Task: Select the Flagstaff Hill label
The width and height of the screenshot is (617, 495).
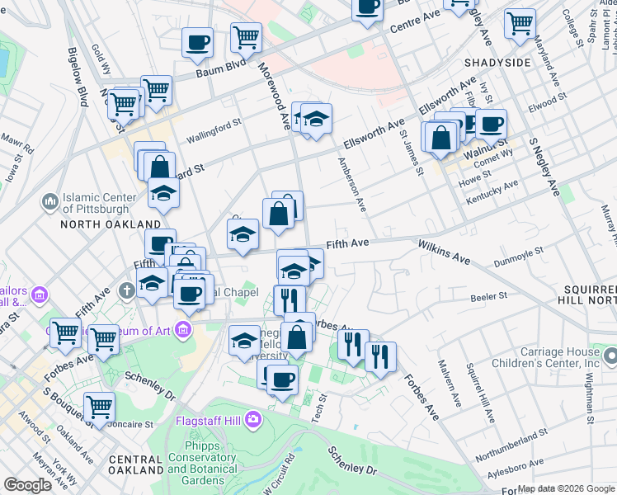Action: pos(208,420)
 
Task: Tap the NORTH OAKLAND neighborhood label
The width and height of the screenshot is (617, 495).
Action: pos(110,224)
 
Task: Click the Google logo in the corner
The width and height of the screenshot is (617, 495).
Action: pos(27,485)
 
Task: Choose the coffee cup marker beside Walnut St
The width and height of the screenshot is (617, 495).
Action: pos(491,124)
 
